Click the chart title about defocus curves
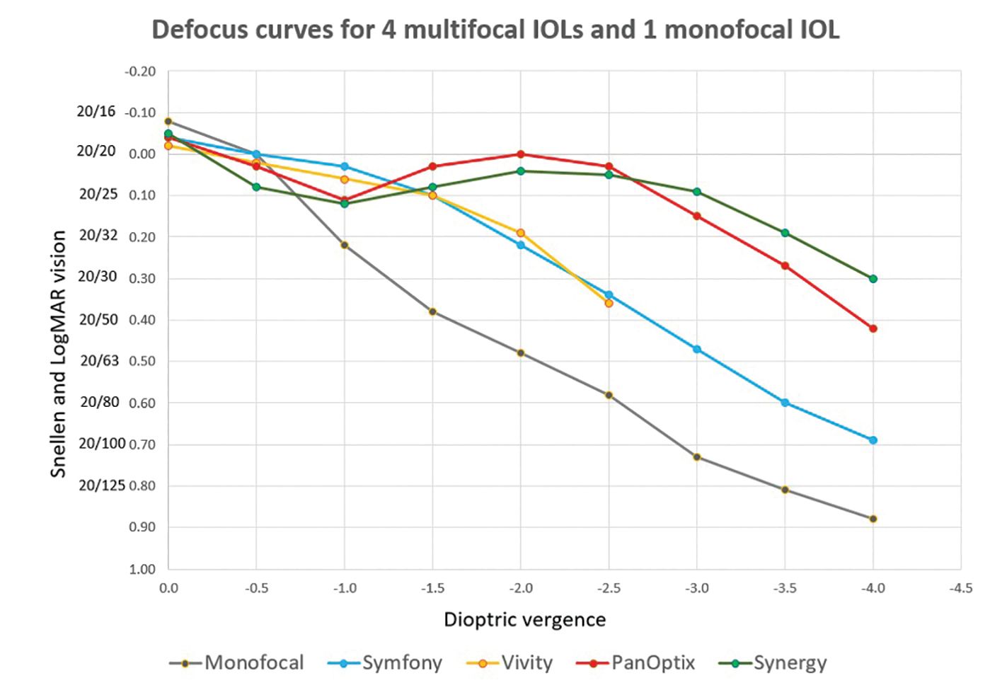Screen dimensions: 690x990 (495, 30)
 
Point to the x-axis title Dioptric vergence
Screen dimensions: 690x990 (524, 620)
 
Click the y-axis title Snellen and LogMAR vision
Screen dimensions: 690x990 (58, 354)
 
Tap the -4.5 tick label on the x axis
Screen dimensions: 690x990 (960, 588)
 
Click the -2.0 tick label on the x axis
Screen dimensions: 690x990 (520, 588)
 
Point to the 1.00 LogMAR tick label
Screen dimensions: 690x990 (142, 569)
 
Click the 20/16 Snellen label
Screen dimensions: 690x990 (96, 112)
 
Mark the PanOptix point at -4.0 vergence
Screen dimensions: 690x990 (873, 328)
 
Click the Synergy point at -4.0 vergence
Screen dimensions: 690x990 (873, 279)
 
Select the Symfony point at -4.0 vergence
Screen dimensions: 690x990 (873, 440)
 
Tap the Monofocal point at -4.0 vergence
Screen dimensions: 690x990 (873, 519)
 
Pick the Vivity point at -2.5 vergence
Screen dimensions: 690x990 (609, 303)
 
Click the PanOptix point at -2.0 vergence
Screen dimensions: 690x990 (521, 154)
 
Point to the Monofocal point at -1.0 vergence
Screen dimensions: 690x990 (345, 245)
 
